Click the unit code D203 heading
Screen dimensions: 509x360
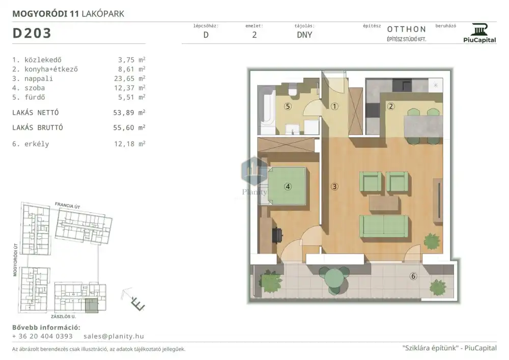coord(32,33)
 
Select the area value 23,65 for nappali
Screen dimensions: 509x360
coord(126,78)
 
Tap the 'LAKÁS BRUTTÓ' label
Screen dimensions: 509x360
coord(38,128)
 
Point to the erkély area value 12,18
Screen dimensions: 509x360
coord(124,144)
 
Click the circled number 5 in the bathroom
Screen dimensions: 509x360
coord(288,106)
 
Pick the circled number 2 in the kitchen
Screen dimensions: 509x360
coord(391,106)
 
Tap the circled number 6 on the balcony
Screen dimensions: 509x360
coord(413,276)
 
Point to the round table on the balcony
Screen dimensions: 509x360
coord(334,280)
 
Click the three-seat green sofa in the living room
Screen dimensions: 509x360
coord(384,226)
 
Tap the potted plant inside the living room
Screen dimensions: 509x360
coord(432,241)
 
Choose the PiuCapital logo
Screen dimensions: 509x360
coord(479,33)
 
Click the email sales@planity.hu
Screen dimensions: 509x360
coord(114,336)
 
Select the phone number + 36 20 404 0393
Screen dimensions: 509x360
coord(42,336)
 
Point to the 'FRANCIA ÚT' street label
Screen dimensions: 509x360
coord(68,205)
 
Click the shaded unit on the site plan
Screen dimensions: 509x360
coord(92,306)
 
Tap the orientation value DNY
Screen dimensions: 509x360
coord(304,35)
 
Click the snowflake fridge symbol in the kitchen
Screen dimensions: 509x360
coord(436,85)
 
